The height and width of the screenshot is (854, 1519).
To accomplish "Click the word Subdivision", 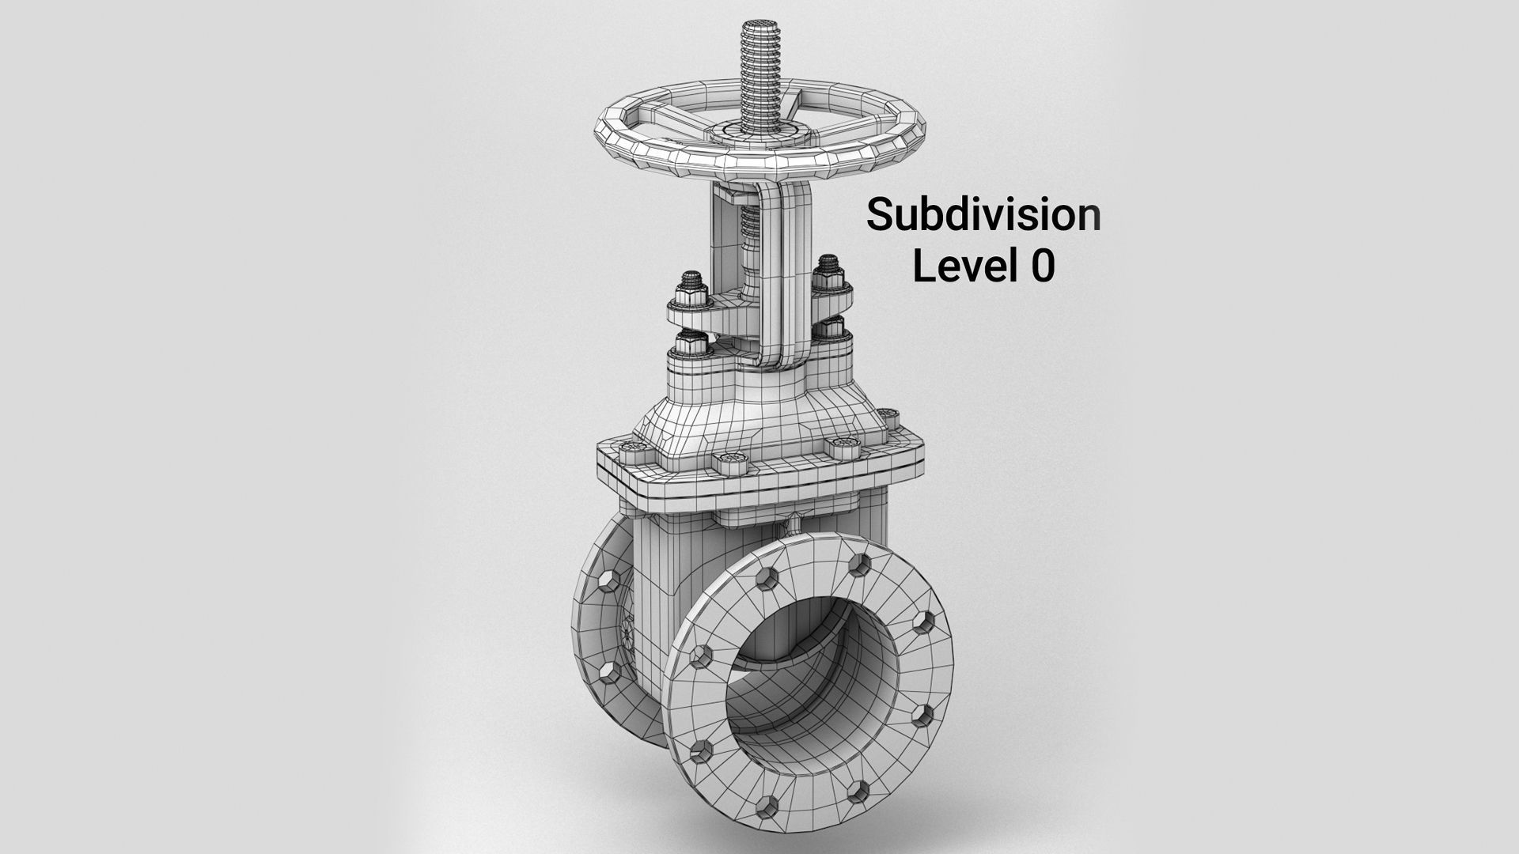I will point(983,215).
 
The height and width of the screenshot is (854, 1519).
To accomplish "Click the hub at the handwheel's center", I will point(748,130).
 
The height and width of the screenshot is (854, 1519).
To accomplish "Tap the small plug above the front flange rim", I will point(791,523).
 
